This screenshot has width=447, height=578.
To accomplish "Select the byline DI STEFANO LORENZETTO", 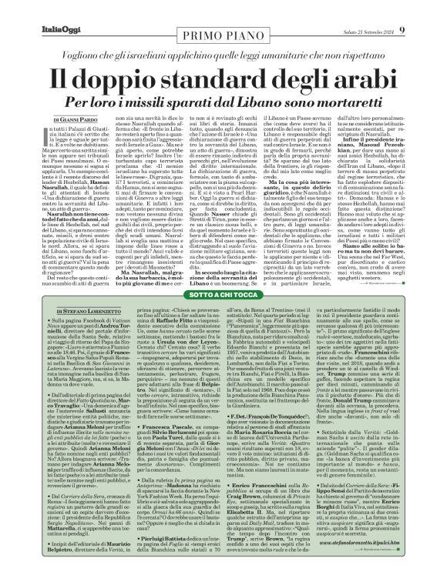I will click(x=49, y=309).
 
